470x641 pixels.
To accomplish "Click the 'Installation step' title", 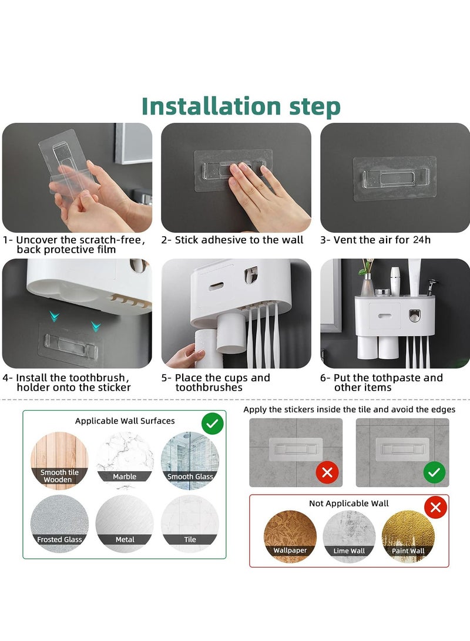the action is pyautogui.click(x=241, y=106).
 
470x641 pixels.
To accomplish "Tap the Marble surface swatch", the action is pyautogui.click(x=125, y=461).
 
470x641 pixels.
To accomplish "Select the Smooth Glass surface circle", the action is pyautogui.click(x=190, y=461).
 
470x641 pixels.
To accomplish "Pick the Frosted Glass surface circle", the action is pyautogui.click(x=59, y=523).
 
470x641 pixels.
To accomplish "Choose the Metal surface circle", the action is pyautogui.click(x=125, y=523).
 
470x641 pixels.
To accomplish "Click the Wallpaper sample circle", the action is pyautogui.click(x=290, y=536).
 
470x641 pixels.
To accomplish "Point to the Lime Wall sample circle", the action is pyautogui.click(x=349, y=536).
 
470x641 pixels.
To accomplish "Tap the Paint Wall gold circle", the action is pyautogui.click(x=408, y=536).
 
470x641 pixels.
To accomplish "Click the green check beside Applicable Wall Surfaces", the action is pyautogui.click(x=213, y=424).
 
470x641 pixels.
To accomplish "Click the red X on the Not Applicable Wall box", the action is pyautogui.click(x=436, y=507).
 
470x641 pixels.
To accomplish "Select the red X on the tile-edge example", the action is pyautogui.click(x=327, y=472).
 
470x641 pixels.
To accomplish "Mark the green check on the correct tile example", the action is pyautogui.click(x=434, y=472).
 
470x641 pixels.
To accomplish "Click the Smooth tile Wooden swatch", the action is pyautogui.click(x=59, y=461).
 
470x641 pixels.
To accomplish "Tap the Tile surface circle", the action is pyautogui.click(x=190, y=523).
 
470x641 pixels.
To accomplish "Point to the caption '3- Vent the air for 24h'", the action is pyautogui.click(x=375, y=240).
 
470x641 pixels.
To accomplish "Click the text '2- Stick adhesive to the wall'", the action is pyautogui.click(x=232, y=240).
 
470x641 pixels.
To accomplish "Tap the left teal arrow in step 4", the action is pyautogui.click(x=55, y=316).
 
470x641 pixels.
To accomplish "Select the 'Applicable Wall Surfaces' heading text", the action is pyautogui.click(x=125, y=421).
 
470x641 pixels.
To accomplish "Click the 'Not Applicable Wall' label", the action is pyautogui.click(x=348, y=504).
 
